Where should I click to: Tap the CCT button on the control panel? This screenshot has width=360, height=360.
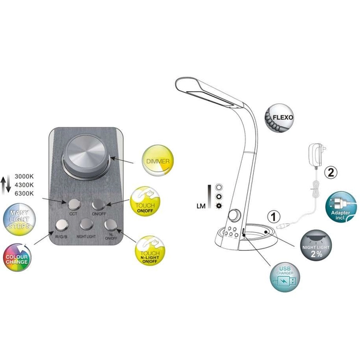[74, 203]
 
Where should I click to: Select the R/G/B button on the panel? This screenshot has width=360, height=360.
[62, 225]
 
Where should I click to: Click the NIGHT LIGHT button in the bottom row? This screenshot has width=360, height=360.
[86, 226]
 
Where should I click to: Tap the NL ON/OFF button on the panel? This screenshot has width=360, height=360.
[110, 225]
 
